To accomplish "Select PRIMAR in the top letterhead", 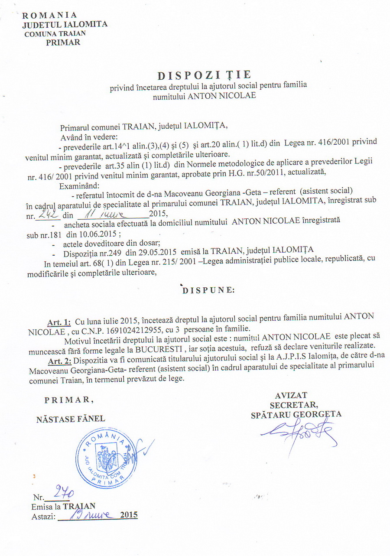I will (x=63, y=42).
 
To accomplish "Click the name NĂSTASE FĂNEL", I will (x=71, y=419).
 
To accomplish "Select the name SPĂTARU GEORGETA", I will (x=296, y=414).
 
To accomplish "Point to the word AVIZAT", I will (x=291, y=395).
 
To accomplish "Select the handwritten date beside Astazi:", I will (x=88, y=515).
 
